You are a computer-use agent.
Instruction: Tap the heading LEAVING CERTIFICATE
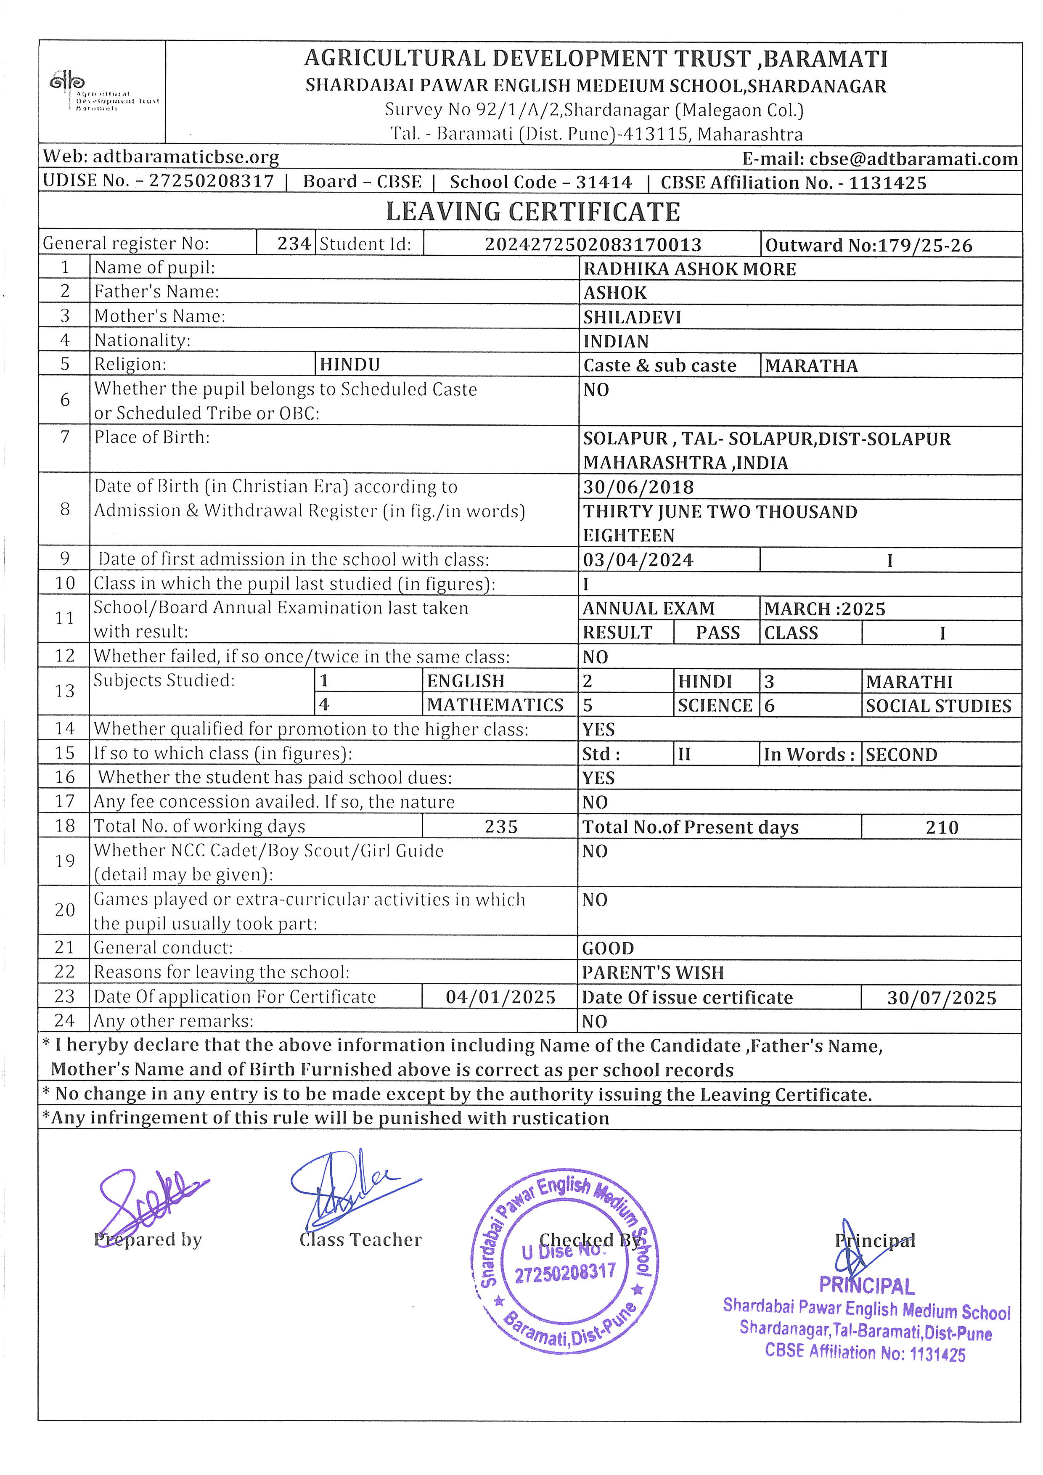[x=532, y=212]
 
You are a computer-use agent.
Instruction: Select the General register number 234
[x=294, y=244]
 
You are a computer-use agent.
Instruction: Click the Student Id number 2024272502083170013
[x=593, y=245]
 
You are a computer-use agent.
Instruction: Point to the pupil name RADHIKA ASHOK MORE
[x=689, y=269]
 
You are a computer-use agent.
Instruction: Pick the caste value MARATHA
[x=811, y=366]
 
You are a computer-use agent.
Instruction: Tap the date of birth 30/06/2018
[x=638, y=487]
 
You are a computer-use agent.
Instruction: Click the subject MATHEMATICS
[x=495, y=705]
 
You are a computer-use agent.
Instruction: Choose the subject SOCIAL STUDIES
[x=938, y=706]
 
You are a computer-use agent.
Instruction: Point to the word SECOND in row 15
[x=901, y=755]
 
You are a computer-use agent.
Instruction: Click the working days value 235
[x=501, y=827]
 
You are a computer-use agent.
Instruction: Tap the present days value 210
[x=942, y=827]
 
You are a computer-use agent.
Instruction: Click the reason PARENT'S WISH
[x=653, y=973]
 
